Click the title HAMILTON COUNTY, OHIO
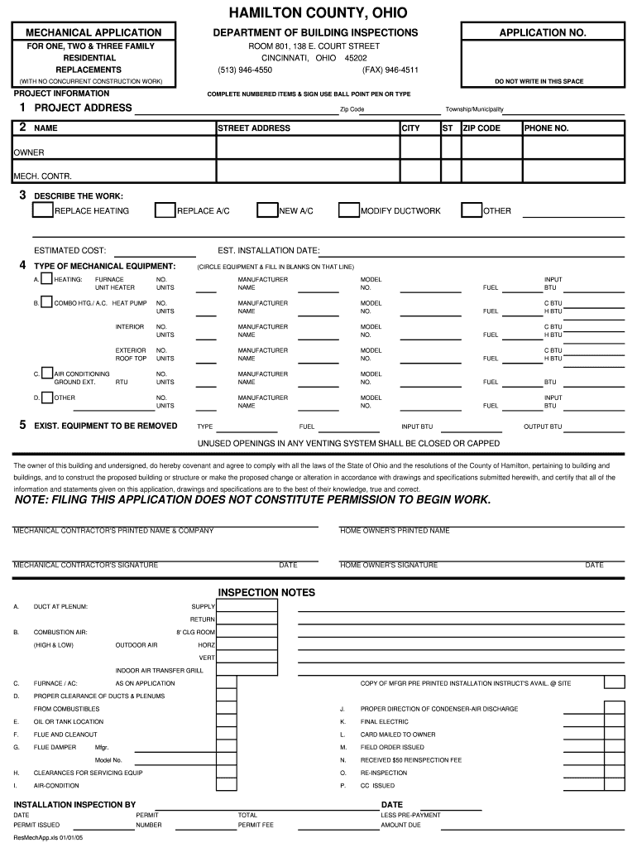point(318,13)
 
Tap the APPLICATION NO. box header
point(542,32)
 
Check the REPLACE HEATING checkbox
point(42,210)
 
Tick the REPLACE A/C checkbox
point(165,210)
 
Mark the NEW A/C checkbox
point(267,210)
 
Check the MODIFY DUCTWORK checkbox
point(348,210)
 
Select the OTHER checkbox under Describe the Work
point(472,210)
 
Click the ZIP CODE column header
point(481,128)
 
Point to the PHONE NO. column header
point(546,128)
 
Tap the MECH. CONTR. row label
point(42,176)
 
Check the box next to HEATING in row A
point(46,278)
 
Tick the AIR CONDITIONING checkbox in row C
point(47,373)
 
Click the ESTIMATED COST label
point(69,250)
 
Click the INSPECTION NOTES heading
point(266,592)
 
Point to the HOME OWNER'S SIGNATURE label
point(389,565)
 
